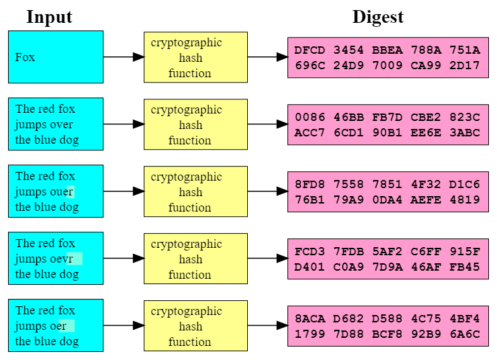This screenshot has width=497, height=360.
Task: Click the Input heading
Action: pos(49,17)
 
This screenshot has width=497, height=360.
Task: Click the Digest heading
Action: pos(378,17)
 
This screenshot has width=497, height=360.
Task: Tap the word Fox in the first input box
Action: pos(25,57)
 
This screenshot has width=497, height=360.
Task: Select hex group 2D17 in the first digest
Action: pos(465,65)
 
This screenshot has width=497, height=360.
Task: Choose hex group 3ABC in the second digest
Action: pos(465,132)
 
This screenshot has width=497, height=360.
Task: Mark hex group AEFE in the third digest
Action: pos(426,199)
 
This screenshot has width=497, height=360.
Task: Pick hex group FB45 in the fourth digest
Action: pos(465,267)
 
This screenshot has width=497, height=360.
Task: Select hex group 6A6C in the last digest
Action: pos(465,334)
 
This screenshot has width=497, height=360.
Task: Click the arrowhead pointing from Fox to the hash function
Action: pos(138,57)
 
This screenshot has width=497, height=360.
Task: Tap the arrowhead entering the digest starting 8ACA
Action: pos(282,326)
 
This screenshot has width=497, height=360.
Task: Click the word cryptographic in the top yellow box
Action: pos(187,43)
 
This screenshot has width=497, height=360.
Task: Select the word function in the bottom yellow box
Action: pos(189,342)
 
